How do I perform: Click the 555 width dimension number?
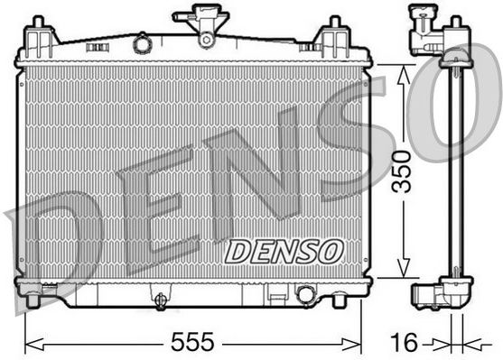(192, 342)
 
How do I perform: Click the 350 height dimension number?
(403, 171)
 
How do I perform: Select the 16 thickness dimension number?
(404, 342)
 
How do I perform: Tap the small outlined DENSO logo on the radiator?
(284, 252)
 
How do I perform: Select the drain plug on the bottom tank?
(160, 300)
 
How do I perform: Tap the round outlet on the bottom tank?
(305, 294)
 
